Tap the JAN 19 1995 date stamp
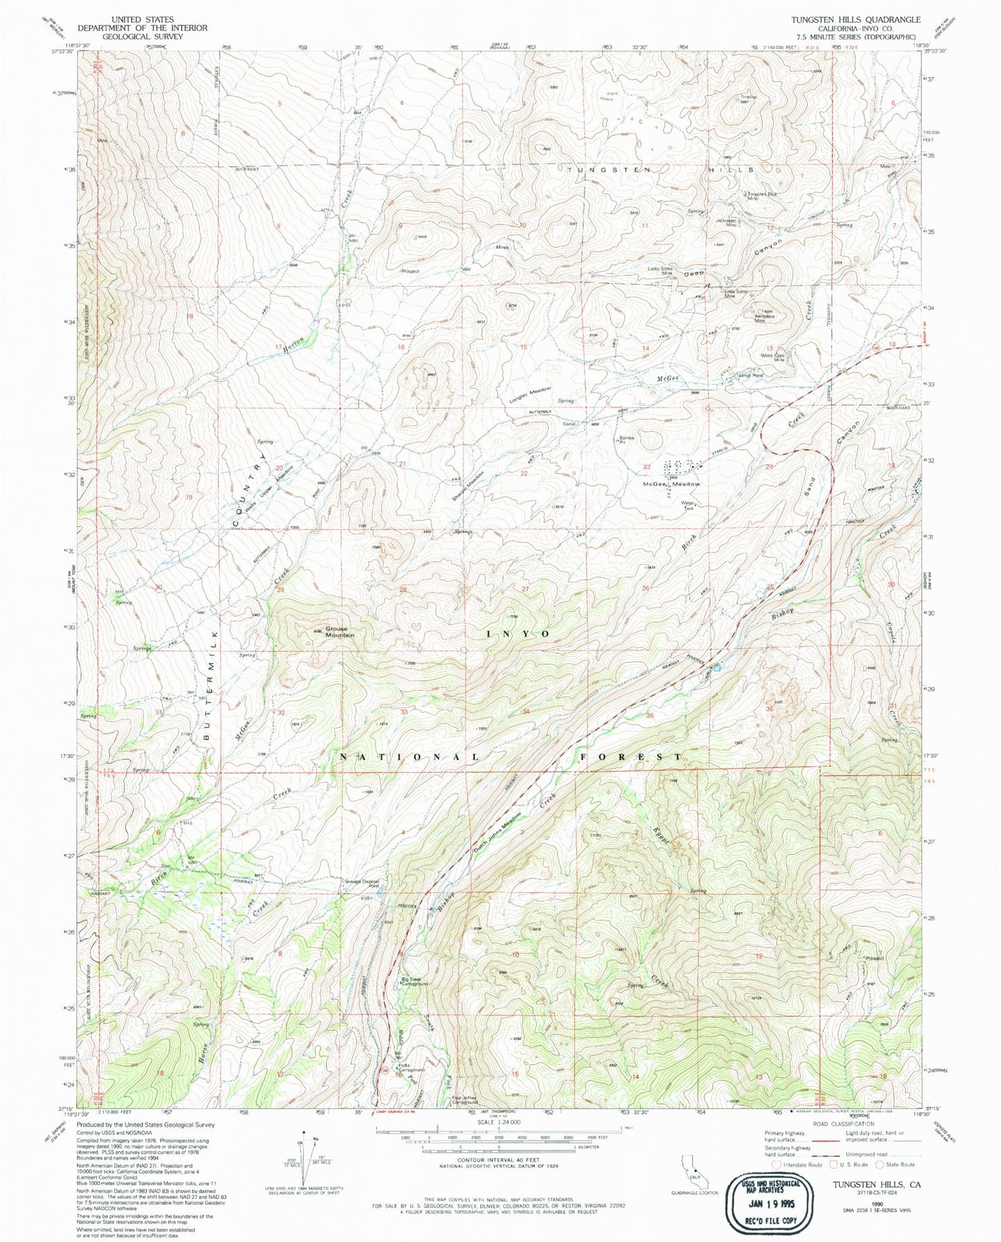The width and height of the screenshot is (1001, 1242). point(768,1185)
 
